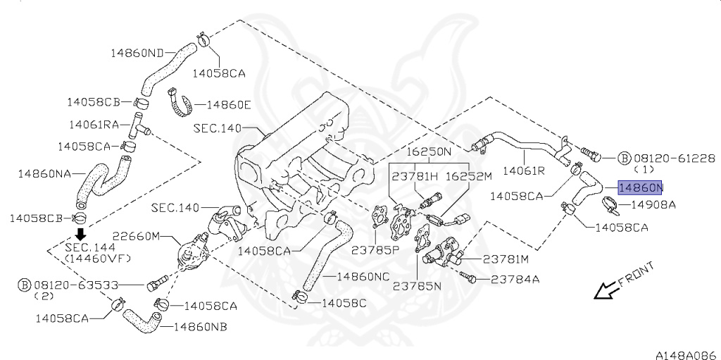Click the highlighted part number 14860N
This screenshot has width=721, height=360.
pos(640,188)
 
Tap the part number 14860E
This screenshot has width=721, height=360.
pos(228,105)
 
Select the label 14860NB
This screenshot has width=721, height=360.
pos(201,326)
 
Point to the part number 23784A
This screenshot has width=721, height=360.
pos(515,279)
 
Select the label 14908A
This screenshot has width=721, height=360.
pos(653,205)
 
